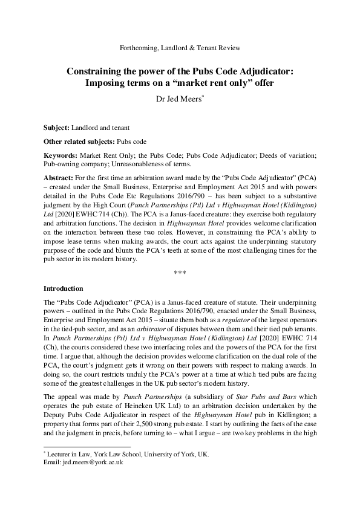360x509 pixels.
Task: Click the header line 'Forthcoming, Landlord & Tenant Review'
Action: (180, 48)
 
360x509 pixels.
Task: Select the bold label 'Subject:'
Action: (56, 128)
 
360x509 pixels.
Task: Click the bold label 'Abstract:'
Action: (59, 180)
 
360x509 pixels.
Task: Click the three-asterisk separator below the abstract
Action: (180, 273)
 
